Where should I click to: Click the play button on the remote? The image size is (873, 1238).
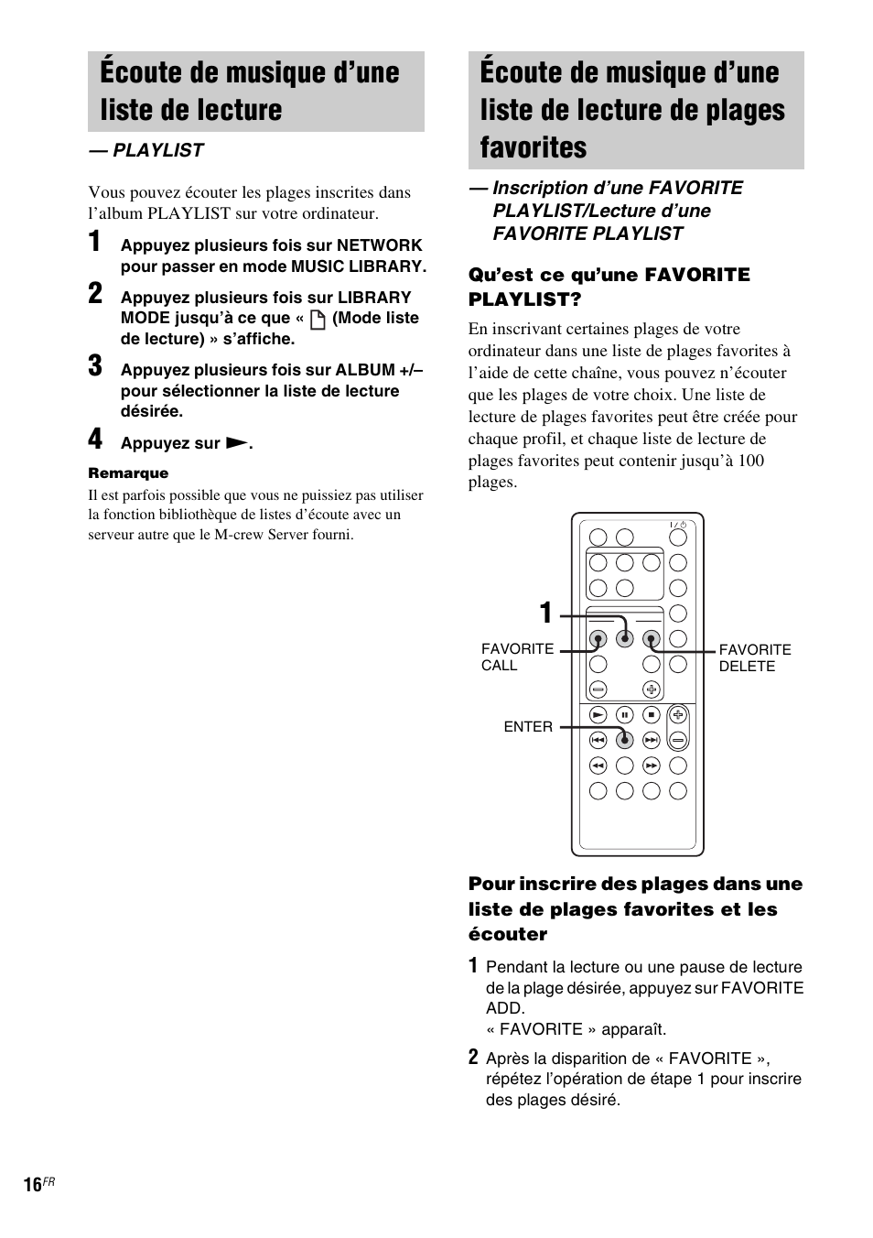598,714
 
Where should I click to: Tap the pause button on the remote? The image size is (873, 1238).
624,714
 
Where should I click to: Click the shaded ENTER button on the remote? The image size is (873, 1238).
624,739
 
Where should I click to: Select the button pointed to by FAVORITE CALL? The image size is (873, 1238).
598,639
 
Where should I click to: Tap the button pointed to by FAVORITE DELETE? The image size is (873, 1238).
651,639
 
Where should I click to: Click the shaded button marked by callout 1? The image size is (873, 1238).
624,639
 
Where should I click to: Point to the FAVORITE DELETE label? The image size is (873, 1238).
754,657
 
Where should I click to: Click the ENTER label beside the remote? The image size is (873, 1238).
528,727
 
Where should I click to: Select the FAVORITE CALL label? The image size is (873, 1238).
517,657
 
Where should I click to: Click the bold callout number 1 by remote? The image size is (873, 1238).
545,613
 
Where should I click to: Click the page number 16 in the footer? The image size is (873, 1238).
33,1185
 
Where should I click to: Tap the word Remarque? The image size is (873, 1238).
128,473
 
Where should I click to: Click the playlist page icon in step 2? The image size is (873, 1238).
318,320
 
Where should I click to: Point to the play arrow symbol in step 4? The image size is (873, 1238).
236,443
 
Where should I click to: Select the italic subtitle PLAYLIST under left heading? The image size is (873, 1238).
157,150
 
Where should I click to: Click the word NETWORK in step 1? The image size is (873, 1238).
379,245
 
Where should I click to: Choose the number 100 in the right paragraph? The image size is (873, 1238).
750,461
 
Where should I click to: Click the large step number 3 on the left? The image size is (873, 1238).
95,366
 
